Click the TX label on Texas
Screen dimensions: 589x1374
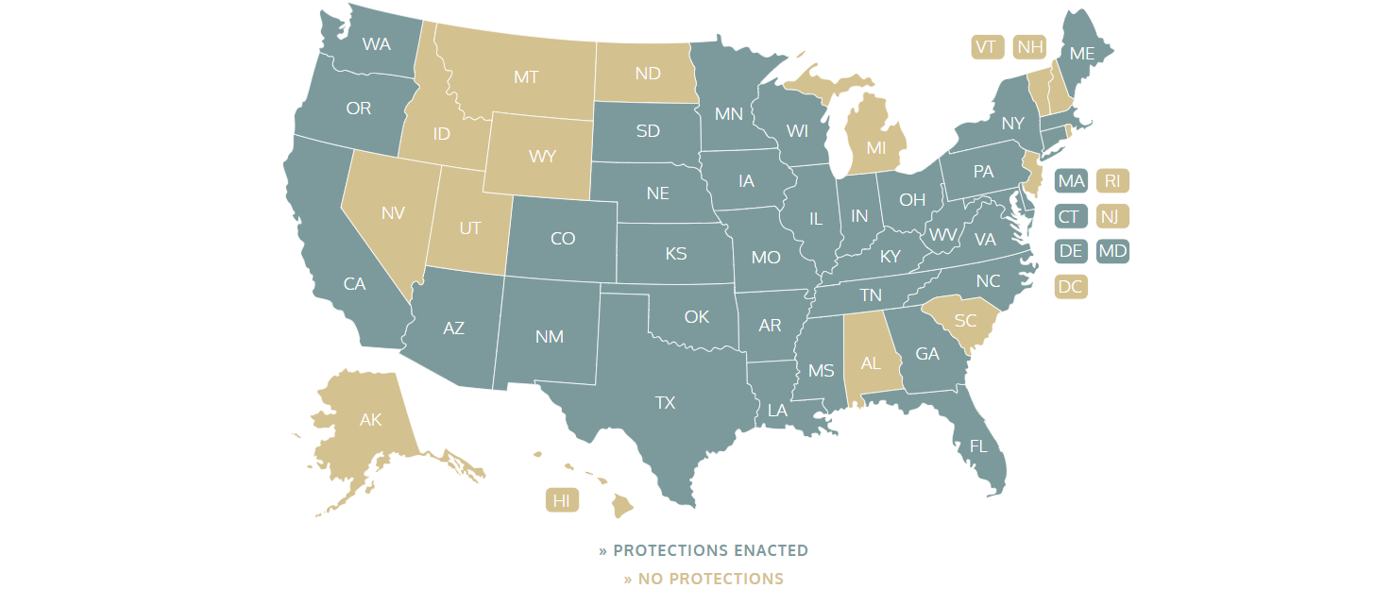coord(666,403)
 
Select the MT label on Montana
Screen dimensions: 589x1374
coord(526,77)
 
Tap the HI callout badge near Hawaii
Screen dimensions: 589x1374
coord(562,501)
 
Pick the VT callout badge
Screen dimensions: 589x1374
coord(987,47)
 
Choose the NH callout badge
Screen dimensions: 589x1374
coord(1028,47)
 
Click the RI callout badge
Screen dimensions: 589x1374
coord(1112,181)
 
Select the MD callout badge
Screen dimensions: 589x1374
coord(1112,252)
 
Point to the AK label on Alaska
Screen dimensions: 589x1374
coord(370,420)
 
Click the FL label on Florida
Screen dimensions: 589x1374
coord(978,446)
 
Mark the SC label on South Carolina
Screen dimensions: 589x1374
coord(965,321)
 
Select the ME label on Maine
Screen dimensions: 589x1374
coord(1081,54)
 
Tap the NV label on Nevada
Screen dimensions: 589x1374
coord(393,213)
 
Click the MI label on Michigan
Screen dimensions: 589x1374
coord(876,148)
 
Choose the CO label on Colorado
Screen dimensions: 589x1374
coord(563,239)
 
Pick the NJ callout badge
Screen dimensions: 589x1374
coord(1112,217)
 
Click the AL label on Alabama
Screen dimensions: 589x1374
coord(871,363)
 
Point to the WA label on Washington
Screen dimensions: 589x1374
coord(377,44)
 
